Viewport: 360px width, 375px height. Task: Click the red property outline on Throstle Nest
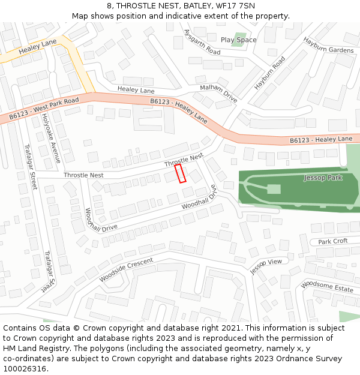click(180, 173)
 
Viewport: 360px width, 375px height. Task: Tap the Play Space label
click(238, 40)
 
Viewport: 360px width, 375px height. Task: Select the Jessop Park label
click(323, 178)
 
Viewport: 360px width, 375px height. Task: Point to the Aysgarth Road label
click(202, 42)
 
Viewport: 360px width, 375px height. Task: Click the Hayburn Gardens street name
click(328, 46)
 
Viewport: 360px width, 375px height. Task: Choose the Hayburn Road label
click(269, 73)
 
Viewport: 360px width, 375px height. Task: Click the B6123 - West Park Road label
click(44, 108)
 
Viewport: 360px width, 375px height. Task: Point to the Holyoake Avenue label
click(52, 139)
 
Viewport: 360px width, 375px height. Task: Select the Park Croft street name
click(332, 241)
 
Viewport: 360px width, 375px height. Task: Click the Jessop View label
click(266, 266)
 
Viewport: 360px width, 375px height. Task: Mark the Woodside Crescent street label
click(126, 270)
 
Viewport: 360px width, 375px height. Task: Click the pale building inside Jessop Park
click(274, 189)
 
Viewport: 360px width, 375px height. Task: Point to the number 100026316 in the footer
click(24, 369)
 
